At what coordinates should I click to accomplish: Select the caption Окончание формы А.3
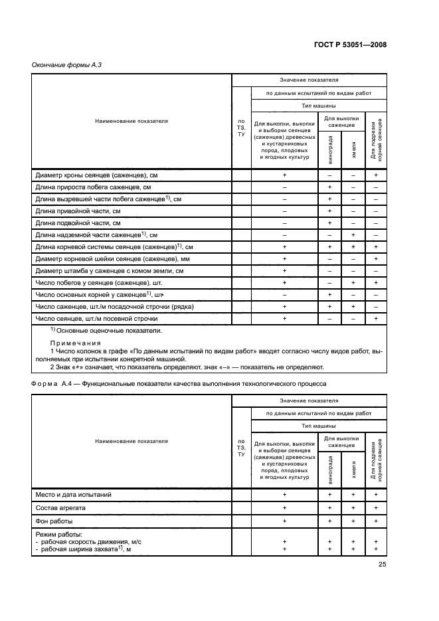[x=66, y=64]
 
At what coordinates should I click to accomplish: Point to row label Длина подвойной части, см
[x=78, y=222]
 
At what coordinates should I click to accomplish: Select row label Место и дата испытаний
[x=74, y=494]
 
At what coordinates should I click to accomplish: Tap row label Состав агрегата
[x=62, y=507]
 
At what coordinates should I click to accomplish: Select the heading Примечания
[x=72, y=343]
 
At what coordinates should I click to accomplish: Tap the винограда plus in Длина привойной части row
[x=329, y=211]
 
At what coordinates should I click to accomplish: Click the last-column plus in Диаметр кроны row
[x=376, y=175]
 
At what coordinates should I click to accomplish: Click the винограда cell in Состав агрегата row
[x=329, y=507]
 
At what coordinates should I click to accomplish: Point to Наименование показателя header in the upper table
[x=132, y=122]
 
